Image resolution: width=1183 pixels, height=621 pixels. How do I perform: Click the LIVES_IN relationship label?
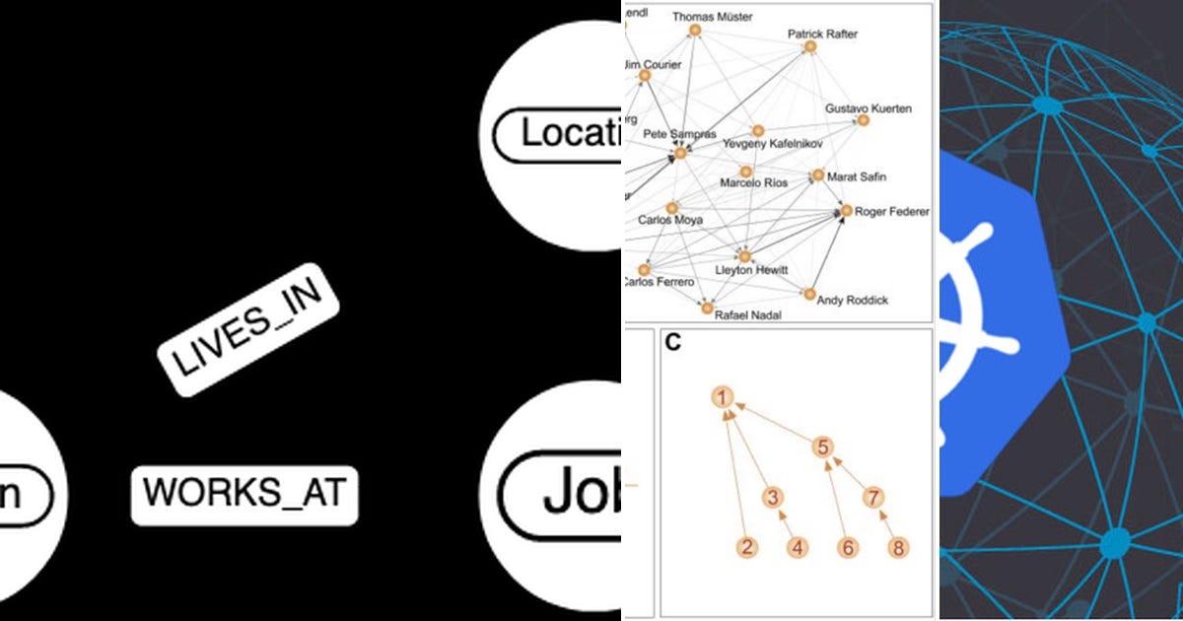point(248,329)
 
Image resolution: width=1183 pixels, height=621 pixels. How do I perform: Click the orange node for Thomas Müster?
point(694,32)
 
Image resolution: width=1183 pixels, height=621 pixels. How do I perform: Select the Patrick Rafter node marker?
point(810,46)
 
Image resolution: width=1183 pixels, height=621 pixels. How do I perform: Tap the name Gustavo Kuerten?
point(868,107)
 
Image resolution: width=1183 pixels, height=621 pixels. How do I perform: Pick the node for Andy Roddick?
point(809,294)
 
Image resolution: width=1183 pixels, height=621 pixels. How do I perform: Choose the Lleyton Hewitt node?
point(744,257)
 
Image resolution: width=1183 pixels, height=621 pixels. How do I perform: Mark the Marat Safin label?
point(856,177)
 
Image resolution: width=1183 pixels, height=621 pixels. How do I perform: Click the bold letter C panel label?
point(673,343)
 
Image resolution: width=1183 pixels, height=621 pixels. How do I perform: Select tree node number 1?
point(723,397)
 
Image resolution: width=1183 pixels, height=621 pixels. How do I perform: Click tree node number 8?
point(896,548)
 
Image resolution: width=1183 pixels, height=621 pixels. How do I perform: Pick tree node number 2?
point(748,548)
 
